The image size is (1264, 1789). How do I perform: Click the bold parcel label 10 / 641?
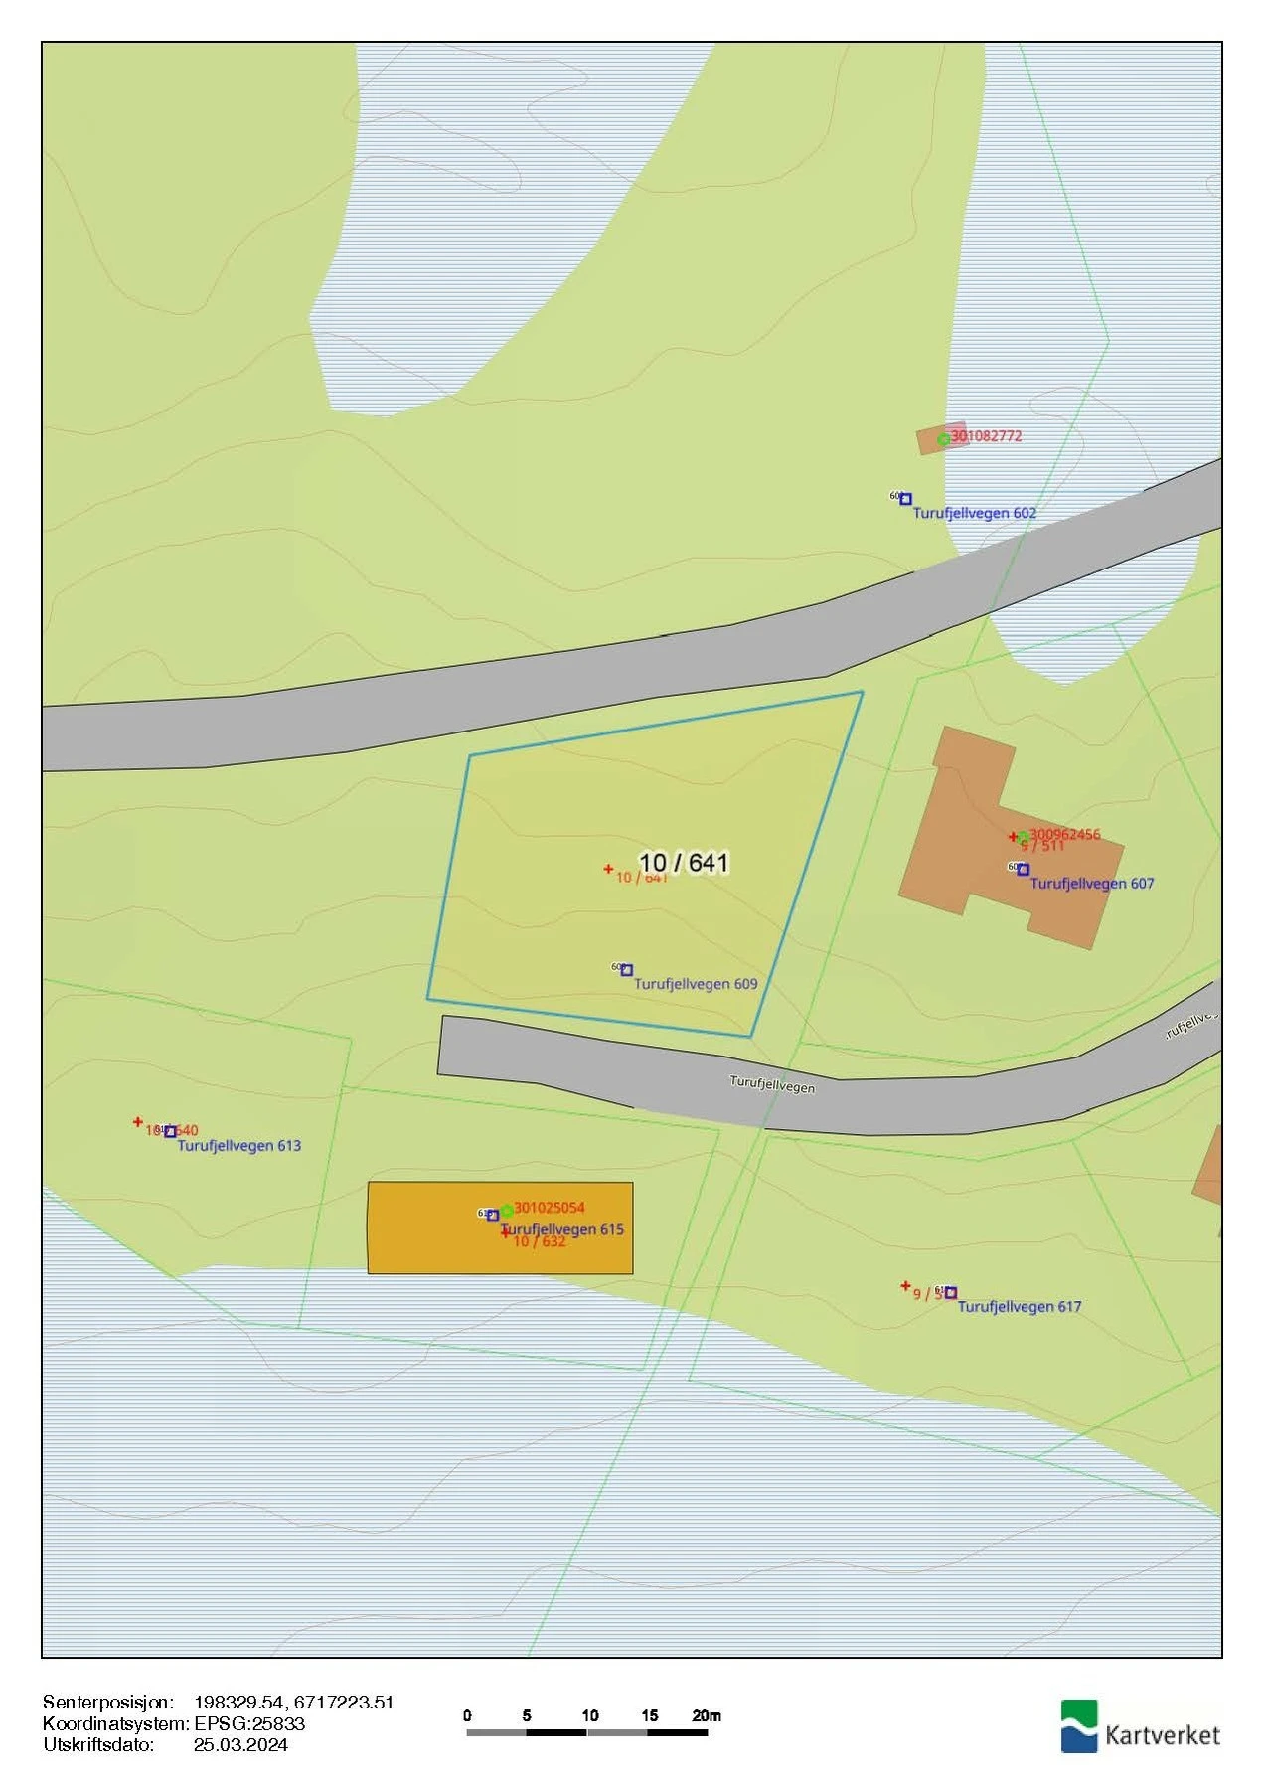coord(684,863)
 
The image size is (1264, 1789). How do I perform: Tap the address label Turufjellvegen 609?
coord(696,984)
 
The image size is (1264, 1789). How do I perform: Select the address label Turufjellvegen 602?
coord(974,513)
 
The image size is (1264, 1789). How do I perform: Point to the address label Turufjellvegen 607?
coord(1091,883)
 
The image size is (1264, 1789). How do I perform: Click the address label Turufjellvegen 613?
coord(238,1145)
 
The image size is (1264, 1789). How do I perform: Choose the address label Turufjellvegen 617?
coord(1019,1306)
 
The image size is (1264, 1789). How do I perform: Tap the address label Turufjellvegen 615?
coord(563,1229)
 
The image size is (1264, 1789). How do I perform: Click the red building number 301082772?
coord(986,435)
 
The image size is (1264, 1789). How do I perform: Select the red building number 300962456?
coord(1064,834)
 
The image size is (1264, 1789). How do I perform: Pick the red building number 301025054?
coord(549,1207)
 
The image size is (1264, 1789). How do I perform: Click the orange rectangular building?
coord(417,1228)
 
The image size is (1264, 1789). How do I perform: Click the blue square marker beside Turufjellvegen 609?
coord(626,970)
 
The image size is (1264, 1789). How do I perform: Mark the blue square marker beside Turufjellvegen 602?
coord(905,499)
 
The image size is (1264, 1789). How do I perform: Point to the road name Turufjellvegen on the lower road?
coord(772,1084)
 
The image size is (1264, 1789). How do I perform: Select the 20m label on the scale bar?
coord(707,1715)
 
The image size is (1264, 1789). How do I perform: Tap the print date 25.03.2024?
coord(240,1745)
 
